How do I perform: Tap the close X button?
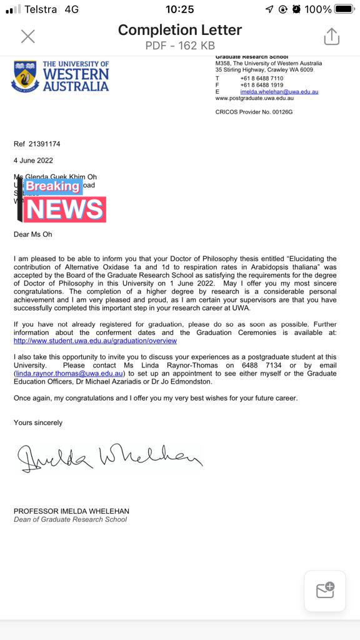point(28,36)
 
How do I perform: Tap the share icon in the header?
point(331,36)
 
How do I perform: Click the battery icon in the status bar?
point(344,9)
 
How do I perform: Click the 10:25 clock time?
point(179,9)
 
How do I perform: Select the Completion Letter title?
point(179,29)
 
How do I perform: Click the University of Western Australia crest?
point(24,76)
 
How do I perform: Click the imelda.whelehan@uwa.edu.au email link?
point(279,92)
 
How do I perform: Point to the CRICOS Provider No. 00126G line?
point(254,112)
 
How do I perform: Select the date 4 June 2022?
point(33,160)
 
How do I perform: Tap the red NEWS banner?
point(65,209)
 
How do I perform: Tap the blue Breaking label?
point(52,186)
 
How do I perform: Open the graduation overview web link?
point(95,341)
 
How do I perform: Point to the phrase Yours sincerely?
point(38,422)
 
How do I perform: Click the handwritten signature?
point(109,458)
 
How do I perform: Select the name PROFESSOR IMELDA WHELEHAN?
point(71,511)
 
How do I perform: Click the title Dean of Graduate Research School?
point(70,519)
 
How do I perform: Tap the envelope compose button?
point(325,590)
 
